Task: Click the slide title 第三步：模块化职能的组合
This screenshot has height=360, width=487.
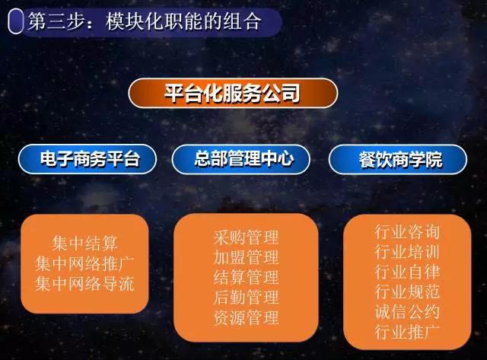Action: (145, 21)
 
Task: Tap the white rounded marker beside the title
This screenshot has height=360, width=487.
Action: (15, 21)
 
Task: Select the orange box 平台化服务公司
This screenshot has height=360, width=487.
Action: (233, 93)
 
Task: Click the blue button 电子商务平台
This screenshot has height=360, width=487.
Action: (88, 159)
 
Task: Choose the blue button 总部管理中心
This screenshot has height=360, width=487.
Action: (240, 159)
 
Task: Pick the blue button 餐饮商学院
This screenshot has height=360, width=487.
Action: (398, 159)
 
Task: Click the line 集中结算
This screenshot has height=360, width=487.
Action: (84, 244)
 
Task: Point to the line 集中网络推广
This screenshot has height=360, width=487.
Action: (84, 263)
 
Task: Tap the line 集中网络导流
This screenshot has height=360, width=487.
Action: (84, 284)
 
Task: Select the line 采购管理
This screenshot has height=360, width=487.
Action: (246, 237)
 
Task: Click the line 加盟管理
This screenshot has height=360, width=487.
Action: (246, 257)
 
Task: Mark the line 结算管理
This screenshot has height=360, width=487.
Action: (246, 278)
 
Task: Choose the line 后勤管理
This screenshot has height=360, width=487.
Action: (246, 298)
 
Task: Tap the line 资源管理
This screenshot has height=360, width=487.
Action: (246, 318)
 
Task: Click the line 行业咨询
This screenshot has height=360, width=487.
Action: (407, 232)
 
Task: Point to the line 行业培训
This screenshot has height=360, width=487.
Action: (407, 252)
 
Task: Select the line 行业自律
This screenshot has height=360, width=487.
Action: (407, 272)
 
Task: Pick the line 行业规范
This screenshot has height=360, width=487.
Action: (407, 292)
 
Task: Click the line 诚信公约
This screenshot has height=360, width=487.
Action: (407, 312)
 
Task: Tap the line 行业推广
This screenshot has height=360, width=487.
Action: (407, 333)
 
